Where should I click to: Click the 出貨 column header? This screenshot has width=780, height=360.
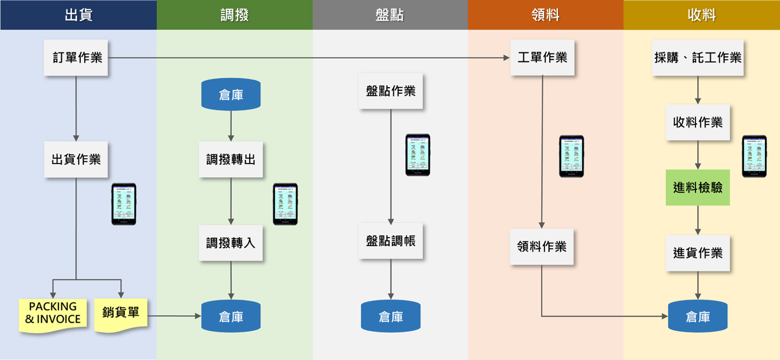pos(78,15)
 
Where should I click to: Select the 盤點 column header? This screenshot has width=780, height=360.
pos(389,15)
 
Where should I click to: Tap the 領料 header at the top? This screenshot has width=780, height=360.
pos(545,15)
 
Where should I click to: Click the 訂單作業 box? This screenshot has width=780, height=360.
pos(76,57)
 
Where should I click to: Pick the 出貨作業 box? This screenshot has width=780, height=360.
pos(76,159)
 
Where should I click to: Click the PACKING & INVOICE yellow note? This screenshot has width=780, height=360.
pos(53,313)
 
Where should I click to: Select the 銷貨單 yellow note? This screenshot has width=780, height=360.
pos(121,313)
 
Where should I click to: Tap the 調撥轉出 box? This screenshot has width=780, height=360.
pos(231,159)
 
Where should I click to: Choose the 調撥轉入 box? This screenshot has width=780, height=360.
pos(231,243)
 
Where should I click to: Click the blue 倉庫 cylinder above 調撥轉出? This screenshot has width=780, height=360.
pos(231,95)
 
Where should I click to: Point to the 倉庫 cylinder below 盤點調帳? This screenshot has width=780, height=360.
pos(391,316)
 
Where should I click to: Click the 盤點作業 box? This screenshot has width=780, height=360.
pos(391,91)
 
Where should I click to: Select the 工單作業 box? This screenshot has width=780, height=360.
pos(542,57)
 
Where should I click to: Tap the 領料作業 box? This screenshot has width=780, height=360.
pos(542,246)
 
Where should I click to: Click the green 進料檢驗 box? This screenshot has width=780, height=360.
pos(698,187)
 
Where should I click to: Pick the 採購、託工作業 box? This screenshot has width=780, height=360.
pos(698,57)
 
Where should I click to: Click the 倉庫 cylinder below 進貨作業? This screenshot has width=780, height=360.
pos(698,317)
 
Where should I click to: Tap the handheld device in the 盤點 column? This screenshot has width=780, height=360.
pos(418,155)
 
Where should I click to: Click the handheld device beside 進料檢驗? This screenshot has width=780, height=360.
pos(754,156)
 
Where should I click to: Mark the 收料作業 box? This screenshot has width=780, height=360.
pos(698,122)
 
